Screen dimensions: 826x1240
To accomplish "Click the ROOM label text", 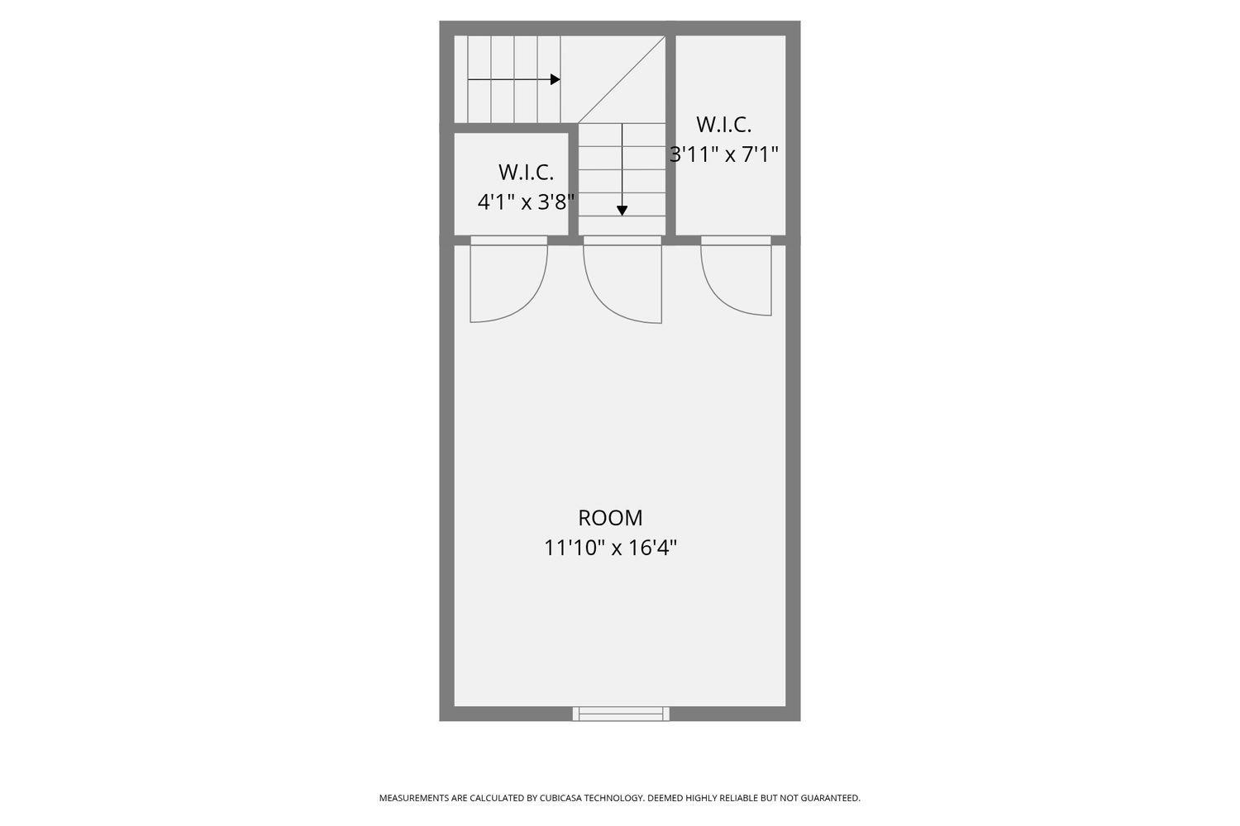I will point(610,518).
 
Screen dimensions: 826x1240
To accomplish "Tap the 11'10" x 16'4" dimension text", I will point(610,548).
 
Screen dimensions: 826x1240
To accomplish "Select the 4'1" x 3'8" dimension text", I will point(526,202).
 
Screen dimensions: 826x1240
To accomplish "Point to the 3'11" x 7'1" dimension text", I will point(724,154).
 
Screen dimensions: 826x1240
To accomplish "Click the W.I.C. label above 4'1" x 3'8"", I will point(526,173).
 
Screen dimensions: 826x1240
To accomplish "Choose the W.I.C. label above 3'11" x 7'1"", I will point(724,125).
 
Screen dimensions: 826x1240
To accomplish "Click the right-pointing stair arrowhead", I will point(556,80).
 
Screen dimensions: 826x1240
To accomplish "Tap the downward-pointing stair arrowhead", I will point(622,211).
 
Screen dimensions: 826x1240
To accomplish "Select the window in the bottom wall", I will point(621,714).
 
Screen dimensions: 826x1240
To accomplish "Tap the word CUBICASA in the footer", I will point(563,798).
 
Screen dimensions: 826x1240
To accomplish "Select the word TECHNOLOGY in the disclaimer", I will point(615,798).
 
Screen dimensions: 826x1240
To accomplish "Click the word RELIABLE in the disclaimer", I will point(739,798).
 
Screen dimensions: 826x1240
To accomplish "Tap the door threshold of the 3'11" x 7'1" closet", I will point(736,240).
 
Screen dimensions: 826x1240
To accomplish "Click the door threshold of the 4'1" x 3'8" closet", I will point(508,240).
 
